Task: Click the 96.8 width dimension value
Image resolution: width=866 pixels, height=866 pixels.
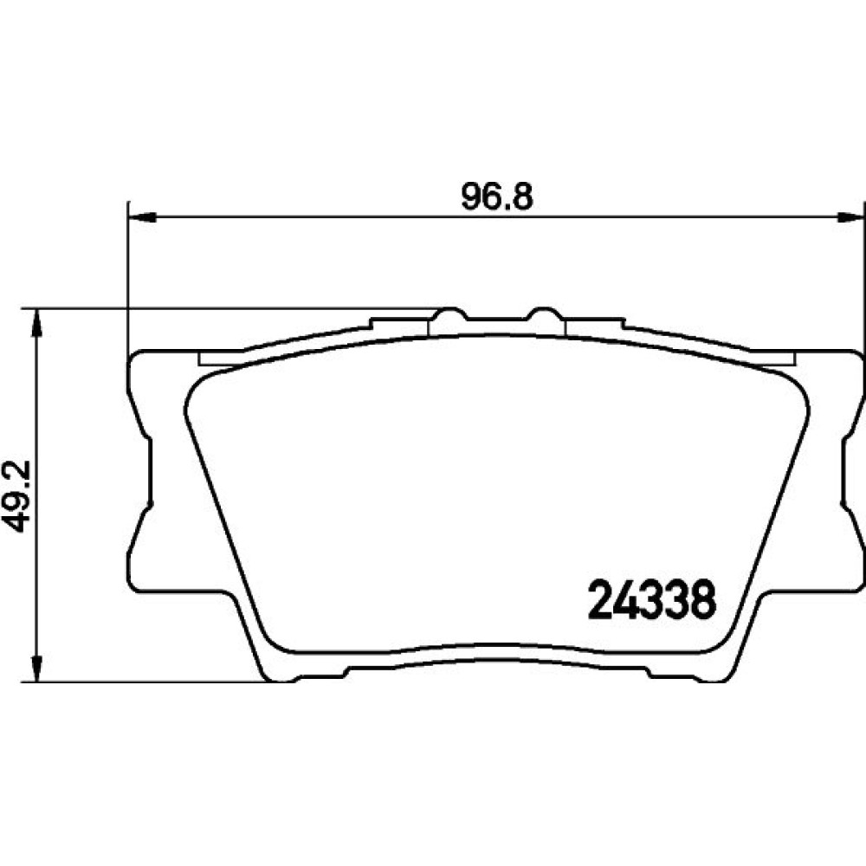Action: pyautogui.click(x=496, y=197)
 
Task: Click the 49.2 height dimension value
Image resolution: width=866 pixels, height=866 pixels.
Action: pyautogui.click(x=16, y=495)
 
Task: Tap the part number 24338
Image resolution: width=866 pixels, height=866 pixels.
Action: pyautogui.click(x=652, y=600)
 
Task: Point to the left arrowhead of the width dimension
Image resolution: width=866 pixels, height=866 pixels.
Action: pyautogui.click(x=142, y=217)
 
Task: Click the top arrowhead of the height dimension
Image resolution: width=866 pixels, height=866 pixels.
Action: pyautogui.click(x=36, y=322)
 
